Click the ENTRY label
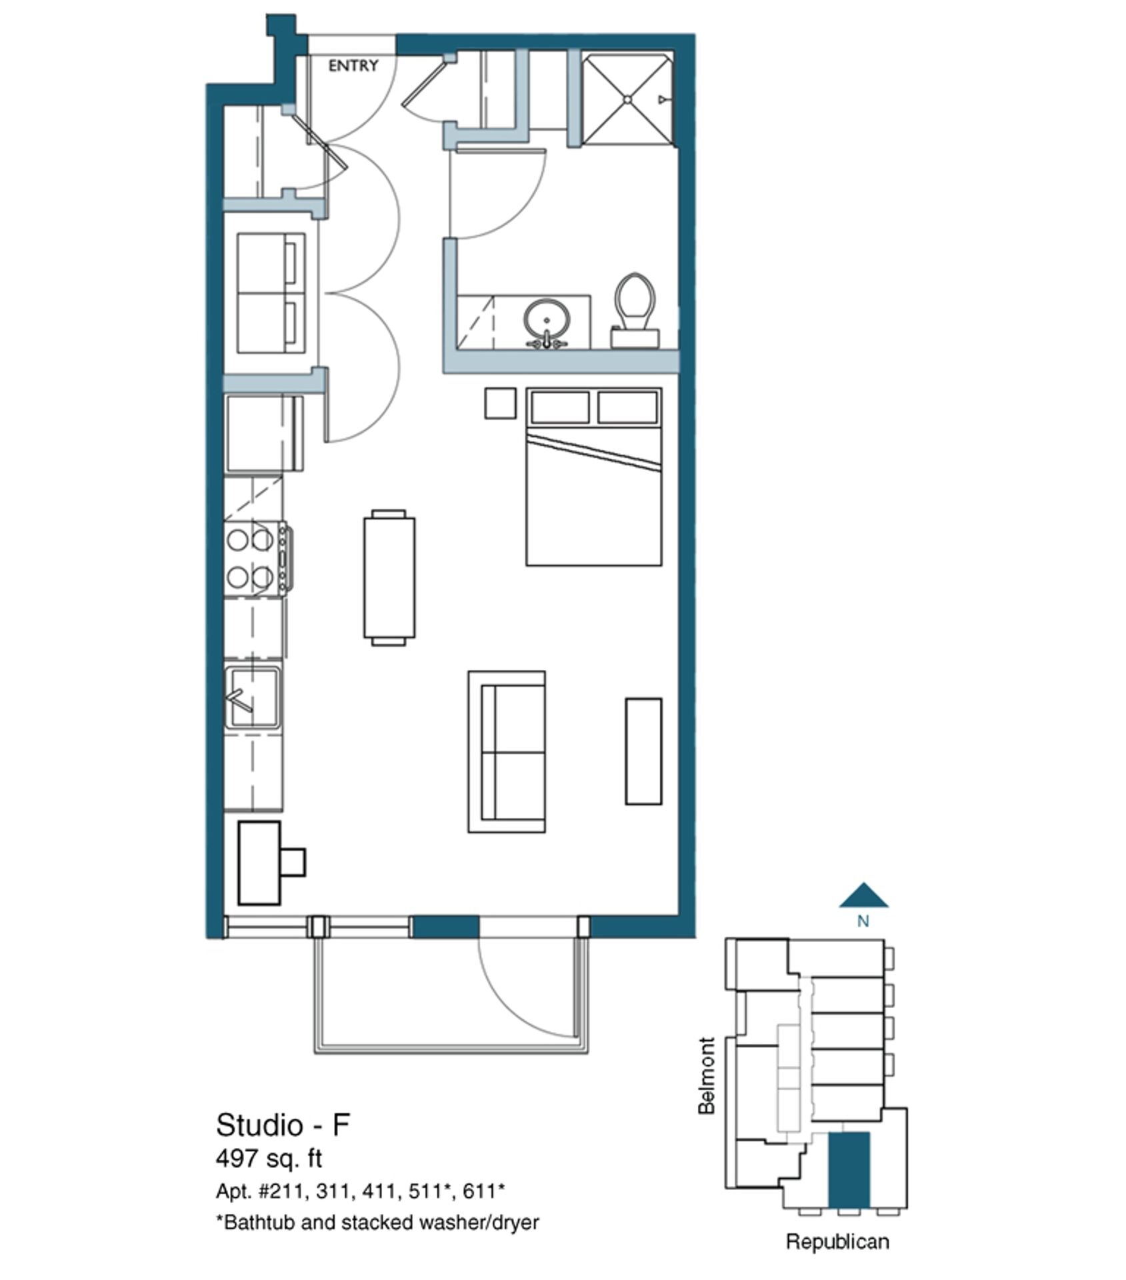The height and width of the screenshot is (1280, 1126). pyautogui.click(x=353, y=65)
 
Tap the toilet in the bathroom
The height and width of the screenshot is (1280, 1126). pyautogui.click(x=635, y=310)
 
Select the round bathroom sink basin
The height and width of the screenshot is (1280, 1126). pyautogui.click(x=546, y=318)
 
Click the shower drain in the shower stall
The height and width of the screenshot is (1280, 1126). pyautogui.click(x=627, y=99)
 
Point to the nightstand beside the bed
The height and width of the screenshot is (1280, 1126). pyautogui.click(x=500, y=403)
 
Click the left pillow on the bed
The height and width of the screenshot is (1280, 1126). pyautogui.click(x=560, y=407)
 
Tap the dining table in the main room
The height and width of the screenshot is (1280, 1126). pyautogui.click(x=389, y=577)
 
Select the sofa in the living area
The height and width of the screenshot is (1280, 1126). pyautogui.click(x=507, y=751)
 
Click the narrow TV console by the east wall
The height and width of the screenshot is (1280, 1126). pyautogui.click(x=643, y=751)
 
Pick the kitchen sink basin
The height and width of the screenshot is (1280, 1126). pyautogui.click(x=253, y=698)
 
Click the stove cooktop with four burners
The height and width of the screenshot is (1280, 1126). pyautogui.click(x=256, y=558)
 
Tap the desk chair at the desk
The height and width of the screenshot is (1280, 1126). pyautogui.click(x=292, y=862)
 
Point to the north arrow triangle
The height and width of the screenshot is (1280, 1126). pyautogui.click(x=863, y=897)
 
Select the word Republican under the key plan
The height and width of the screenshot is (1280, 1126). pyautogui.click(x=837, y=1241)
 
